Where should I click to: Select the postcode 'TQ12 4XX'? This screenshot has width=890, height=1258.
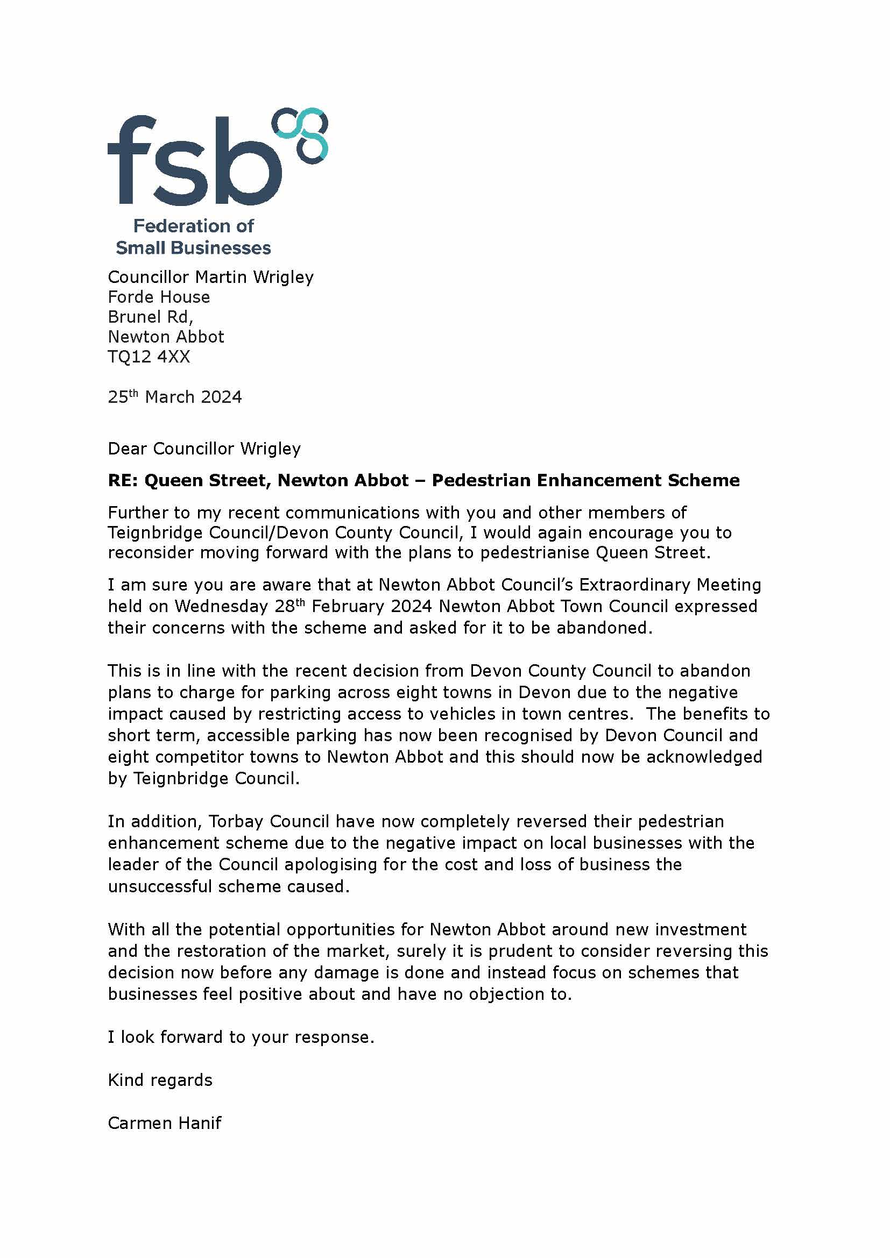point(149,357)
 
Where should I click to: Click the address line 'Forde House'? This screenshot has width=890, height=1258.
point(159,297)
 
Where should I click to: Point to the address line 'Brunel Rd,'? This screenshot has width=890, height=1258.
point(151,317)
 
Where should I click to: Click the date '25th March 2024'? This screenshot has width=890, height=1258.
point(175,397)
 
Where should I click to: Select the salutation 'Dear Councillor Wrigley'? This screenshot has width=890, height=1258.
point(204,449)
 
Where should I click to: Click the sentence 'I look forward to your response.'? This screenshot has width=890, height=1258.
point(241,1036)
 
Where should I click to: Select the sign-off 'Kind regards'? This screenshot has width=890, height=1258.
point(160,1080)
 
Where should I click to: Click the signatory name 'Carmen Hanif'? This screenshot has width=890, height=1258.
point(165,1123)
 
